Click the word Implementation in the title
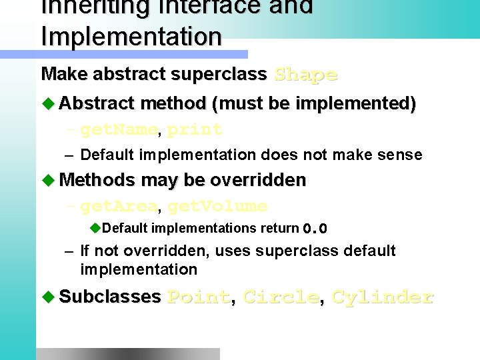tap(131, 36)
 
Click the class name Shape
tap(306, 74)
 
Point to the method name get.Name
tap(119, 129)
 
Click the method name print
tap(195, 129)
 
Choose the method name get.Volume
tap(217, 206)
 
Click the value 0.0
tap(315, 229)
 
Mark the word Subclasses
tap(110, 296)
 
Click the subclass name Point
tap(199, 297)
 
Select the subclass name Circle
tap(281, 297)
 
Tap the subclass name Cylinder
tap(383, 297)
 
